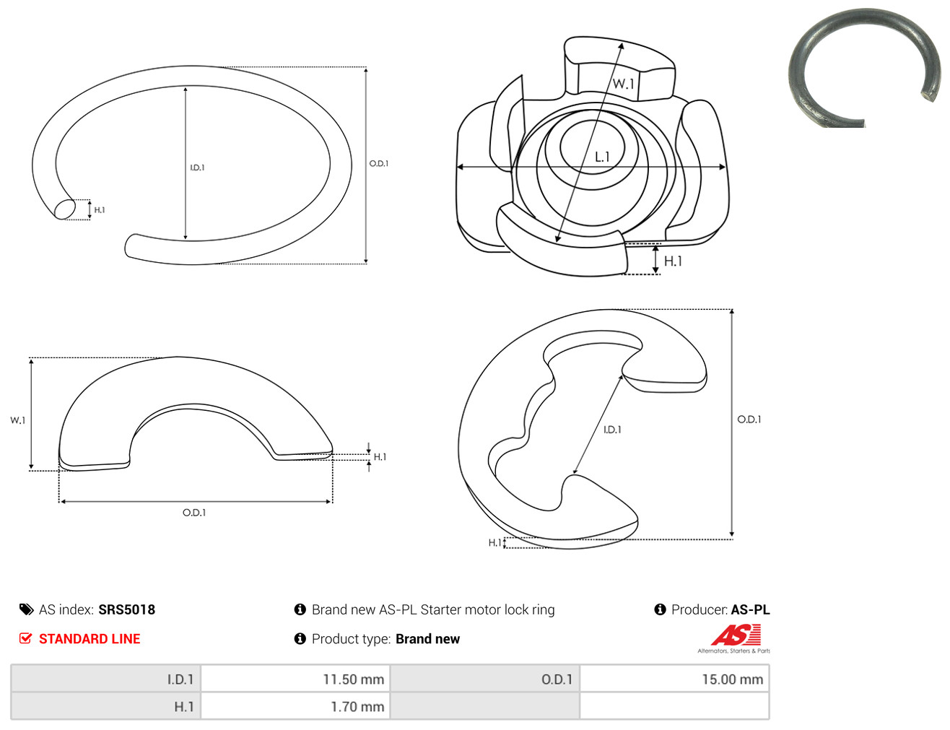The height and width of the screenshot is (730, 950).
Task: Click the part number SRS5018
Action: (x=127, y=609)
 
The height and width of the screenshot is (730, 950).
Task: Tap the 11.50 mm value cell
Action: (x=295, y=679)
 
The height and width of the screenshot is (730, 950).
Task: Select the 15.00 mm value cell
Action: (x=674, y=679)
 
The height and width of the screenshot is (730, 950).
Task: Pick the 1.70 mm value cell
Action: (x=295, y=706)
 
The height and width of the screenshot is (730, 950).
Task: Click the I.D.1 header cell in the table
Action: (x=106, y=679)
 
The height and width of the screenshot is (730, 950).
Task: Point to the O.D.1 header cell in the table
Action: (x=485, y=679)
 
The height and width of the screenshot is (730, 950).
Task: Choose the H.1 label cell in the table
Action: (x=106, y=706)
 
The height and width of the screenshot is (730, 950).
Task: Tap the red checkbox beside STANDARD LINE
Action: (x=25, y=638)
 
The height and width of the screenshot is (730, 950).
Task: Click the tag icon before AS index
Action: (x=26, y=609)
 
